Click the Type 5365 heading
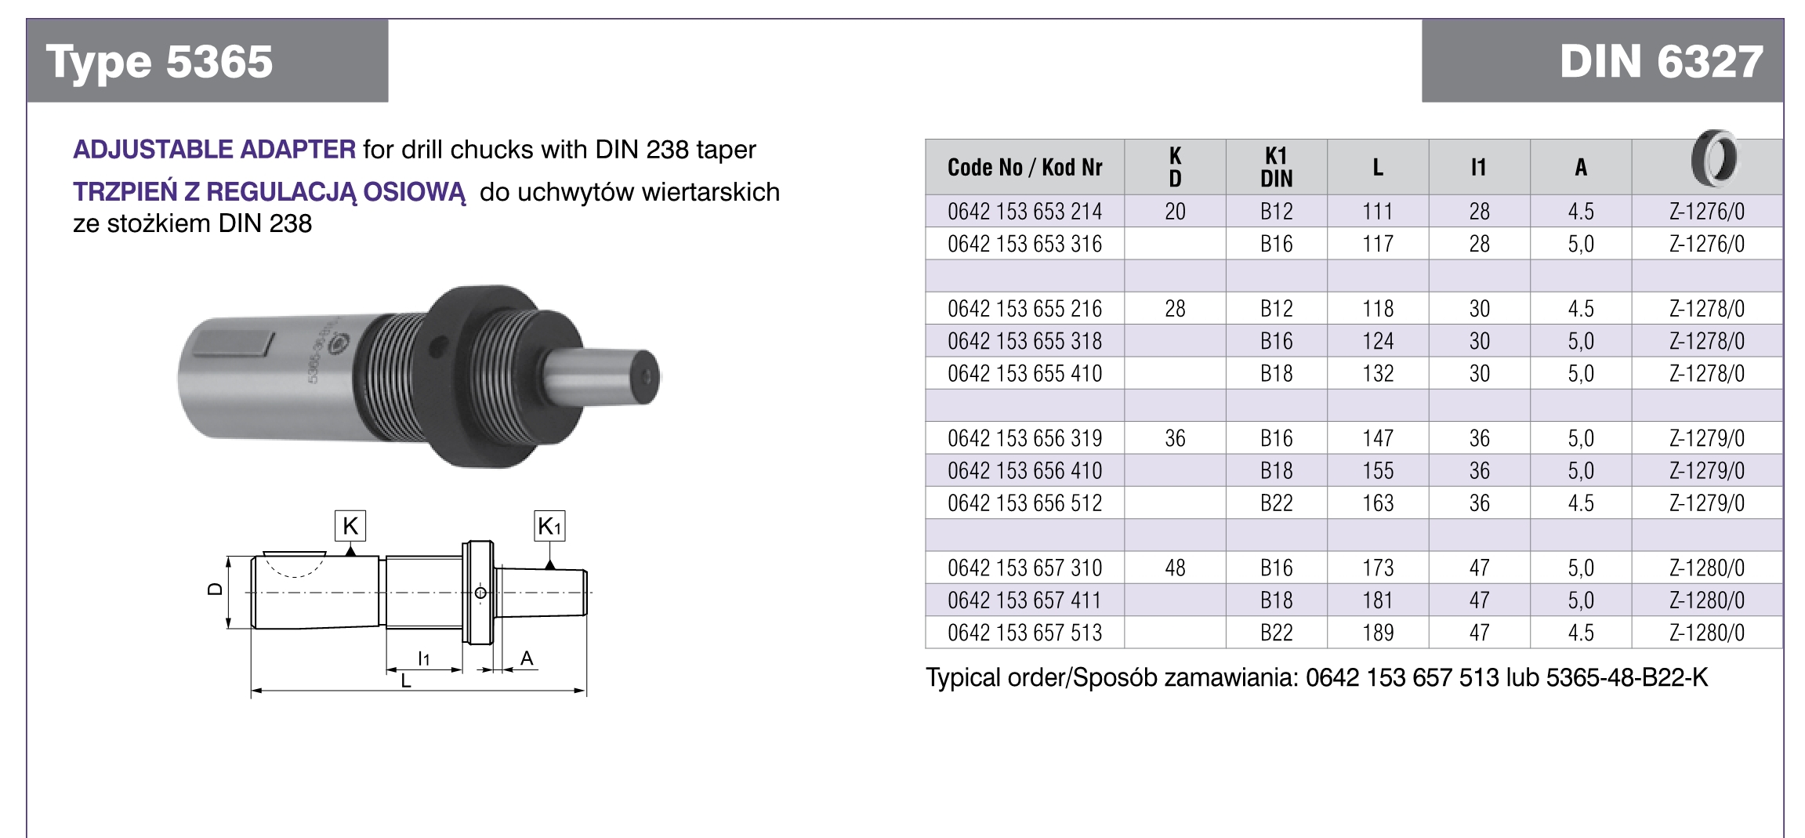(x=159, y=62)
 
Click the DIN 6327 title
(x=1661, y=61)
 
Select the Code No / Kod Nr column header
(x=1024, y=167)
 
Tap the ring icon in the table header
(x=1713, y=159)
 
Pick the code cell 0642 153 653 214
(x=1024, y=212)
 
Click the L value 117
(x=1378, y=244)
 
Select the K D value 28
(x=1175, y=309)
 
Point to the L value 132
(x=1378, y=373)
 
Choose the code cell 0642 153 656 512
(x=1024, y=503)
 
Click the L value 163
(x=1378, y=503)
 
